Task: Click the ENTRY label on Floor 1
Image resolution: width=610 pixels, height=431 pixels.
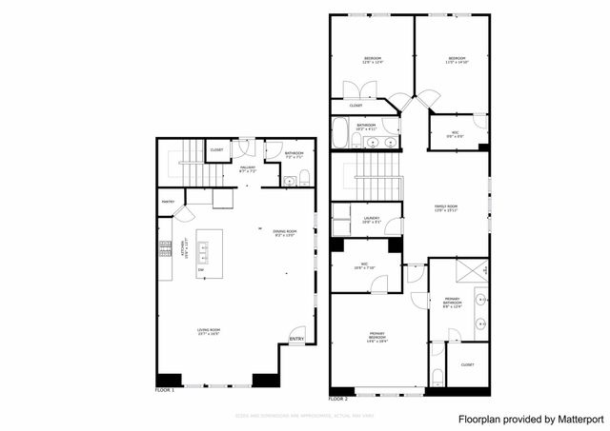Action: pos(297,340)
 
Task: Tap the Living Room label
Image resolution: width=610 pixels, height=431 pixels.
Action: pos(209,332)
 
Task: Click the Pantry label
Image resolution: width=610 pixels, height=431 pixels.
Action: pos(168,202)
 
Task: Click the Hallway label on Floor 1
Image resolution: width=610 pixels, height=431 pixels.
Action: pos(248,169)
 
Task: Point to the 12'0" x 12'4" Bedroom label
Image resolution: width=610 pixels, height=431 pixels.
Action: pos(372,61)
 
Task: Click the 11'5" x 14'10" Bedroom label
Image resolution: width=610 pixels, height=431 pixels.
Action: pos(457,61)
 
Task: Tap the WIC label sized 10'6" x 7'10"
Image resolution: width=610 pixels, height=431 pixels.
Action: pos(364,266)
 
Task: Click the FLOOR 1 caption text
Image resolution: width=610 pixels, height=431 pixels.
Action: pos(165,390)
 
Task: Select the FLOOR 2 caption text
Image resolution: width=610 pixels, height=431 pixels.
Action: pos(338,399)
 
